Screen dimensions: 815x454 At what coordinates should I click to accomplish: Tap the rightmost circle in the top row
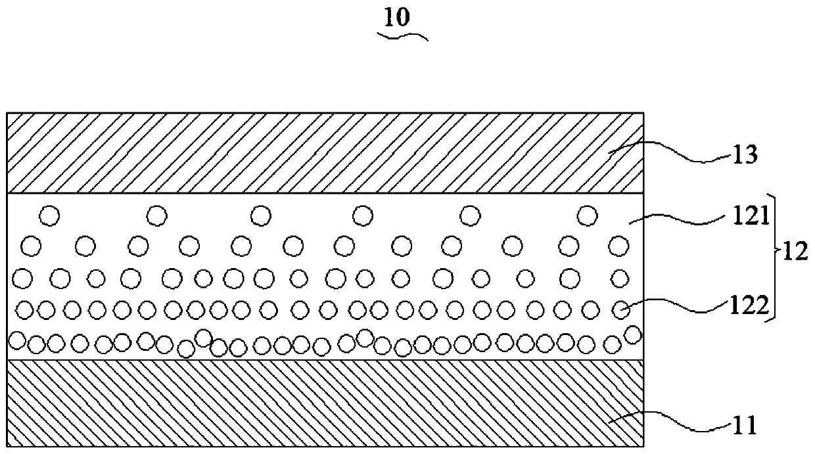586,214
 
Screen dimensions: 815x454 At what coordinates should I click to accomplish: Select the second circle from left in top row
156,214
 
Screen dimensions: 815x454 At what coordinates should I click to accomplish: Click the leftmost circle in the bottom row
17,340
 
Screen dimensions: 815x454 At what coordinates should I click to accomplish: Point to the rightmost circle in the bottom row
632,334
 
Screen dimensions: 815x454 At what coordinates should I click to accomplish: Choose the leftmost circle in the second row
31,246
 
